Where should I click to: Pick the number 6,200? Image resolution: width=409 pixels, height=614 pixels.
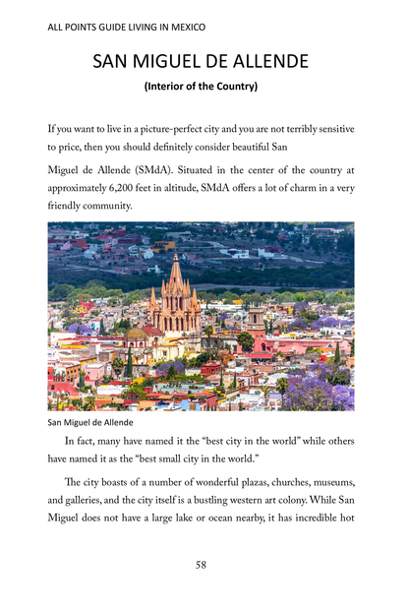pos(130,187)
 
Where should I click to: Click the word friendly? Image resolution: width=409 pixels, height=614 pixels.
pos(68,206)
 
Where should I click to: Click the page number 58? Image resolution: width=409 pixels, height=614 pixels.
pos(201,565)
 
